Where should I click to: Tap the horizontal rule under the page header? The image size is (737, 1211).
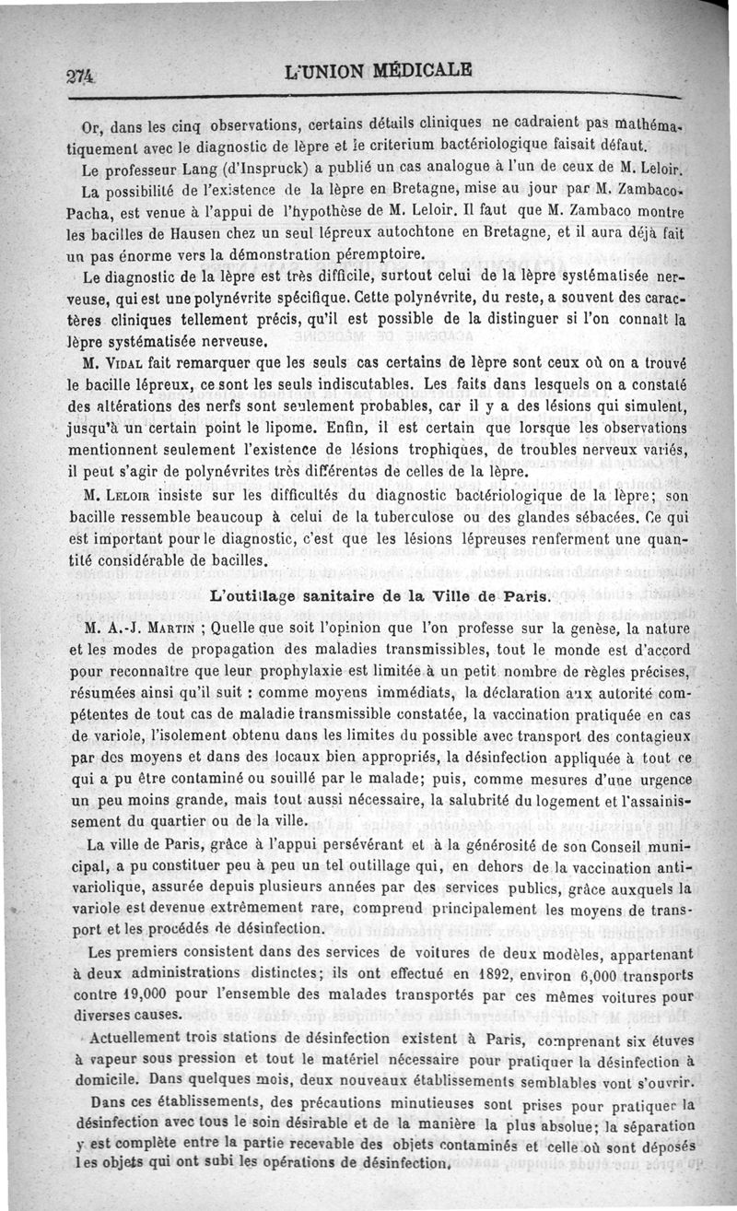[368, 96]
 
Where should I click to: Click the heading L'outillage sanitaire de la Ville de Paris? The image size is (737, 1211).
[380, 596]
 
